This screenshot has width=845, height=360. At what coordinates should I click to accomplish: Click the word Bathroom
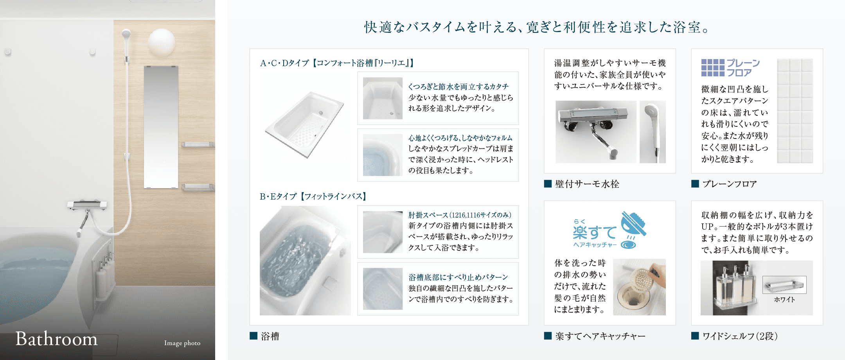(x=56, y=339)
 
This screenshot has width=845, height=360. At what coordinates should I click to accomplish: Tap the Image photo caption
(x=182, y=343)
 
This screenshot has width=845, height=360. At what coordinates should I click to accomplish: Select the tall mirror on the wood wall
(x=161, y=127)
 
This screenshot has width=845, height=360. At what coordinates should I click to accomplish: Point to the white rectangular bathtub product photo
(x=305, y=124)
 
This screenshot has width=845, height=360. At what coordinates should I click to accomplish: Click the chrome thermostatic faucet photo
(x=596, y=131)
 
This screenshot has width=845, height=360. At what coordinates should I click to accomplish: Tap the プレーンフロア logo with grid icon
(x=730, y=68)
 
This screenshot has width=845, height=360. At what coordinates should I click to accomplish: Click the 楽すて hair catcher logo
(x=609, y=230)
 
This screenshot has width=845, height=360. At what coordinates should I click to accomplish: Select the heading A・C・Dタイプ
(x=284, y=63)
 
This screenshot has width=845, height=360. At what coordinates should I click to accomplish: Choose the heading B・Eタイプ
(x=278, y=196)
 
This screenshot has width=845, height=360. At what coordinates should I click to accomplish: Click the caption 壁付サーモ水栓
(x=587, y=184)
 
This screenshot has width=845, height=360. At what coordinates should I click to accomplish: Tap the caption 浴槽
(x=270, y=336)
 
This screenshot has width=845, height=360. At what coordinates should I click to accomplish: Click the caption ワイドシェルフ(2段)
(x=740, y=336)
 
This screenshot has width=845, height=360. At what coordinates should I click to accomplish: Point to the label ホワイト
(x=784, y=300)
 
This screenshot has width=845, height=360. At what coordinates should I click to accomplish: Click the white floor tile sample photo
(x=795, y=111)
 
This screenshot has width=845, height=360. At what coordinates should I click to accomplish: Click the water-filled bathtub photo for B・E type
(x=305, y=261)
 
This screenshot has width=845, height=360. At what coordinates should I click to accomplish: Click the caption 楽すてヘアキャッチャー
(x=600, y=336)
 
